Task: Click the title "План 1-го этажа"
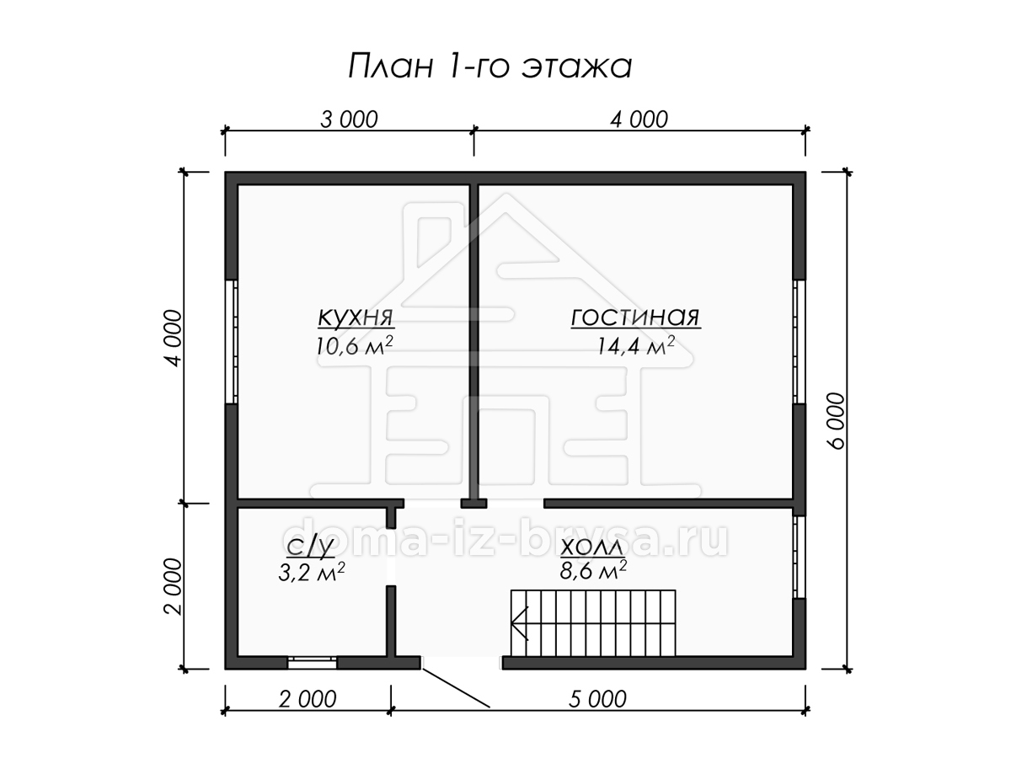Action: pos(489,67)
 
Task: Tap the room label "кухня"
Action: pos(356,318)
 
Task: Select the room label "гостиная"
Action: pos(635,317)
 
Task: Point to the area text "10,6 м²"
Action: pos(354,345)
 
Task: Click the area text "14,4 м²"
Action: pos(636,345)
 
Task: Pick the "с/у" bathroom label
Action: pos(309,547)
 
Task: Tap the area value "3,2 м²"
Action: pos(312,572)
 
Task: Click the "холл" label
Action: pos(592,547)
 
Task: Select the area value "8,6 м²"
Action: pos(593,571)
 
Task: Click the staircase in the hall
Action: pos(593,623)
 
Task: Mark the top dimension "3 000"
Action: pos(349,120)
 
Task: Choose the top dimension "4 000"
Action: pos(639,120)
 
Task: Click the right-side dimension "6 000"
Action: pos(837,420)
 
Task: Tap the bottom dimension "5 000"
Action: pos(597,700)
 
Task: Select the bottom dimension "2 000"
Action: pos(308,700)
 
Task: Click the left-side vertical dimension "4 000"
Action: pos(174,339)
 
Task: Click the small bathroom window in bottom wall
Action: pos(313,663)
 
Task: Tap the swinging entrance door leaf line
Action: pos(456,687)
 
